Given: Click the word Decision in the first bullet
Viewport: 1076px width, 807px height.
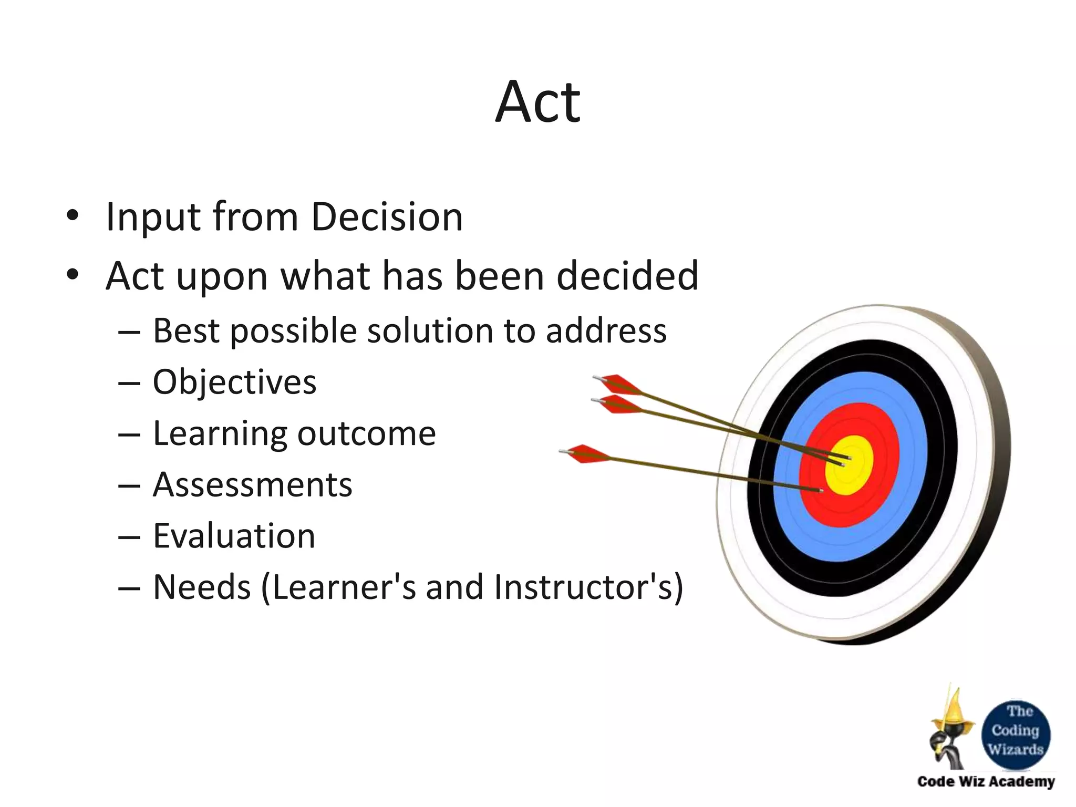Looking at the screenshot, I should [387, 216].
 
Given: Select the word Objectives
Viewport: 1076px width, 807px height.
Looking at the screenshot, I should [234, 382].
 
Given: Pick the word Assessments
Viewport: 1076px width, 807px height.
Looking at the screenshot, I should [252, 484].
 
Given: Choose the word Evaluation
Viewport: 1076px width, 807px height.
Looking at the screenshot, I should [234, 536].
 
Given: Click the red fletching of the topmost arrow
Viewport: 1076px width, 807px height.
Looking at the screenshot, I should [621, 384].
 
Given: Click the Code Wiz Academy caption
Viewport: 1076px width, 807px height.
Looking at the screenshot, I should [986, 781].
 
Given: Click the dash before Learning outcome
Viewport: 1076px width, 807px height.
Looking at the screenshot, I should [129, 435].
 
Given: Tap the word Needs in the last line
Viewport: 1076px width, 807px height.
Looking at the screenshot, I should [202, 587].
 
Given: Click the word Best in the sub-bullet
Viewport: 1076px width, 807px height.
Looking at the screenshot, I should [186, 331].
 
